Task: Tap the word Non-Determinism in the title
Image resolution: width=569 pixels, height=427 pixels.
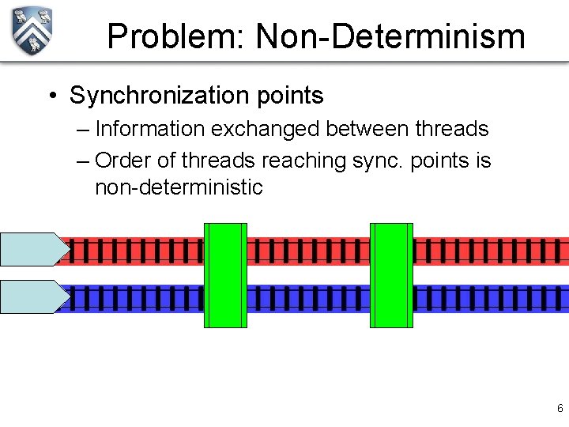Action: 390,36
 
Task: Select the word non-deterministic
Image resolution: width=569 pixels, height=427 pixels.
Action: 179,187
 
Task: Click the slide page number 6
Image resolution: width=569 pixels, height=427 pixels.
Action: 560,409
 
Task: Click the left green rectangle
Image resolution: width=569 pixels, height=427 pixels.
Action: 225,274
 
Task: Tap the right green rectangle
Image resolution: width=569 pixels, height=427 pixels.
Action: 391,274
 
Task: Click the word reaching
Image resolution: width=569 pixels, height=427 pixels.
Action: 303,161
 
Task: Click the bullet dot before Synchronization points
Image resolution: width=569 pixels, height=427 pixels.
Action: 51,96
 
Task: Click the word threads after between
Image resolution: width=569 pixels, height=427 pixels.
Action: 450,129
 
